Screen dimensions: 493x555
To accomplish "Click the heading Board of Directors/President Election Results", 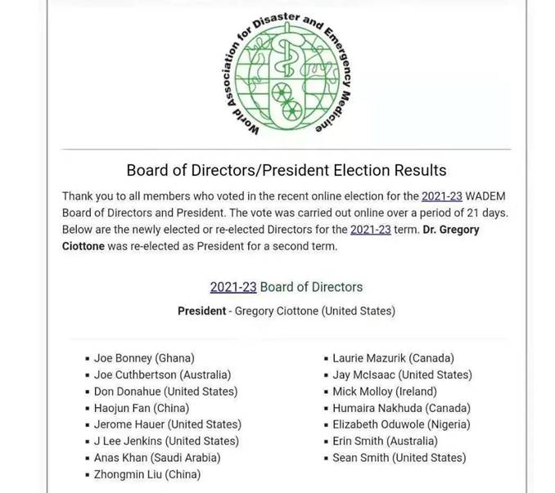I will point(286,170).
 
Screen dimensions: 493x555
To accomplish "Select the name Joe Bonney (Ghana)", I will point(144,358).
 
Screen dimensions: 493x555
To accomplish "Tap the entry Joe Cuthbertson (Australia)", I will point(162,374).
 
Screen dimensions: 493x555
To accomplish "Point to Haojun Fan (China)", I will point(142,408).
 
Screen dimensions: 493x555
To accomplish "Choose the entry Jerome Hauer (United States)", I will point(167,424).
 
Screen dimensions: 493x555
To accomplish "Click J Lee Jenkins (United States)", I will point(166,441).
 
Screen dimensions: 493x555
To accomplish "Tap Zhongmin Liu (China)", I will point(147,474).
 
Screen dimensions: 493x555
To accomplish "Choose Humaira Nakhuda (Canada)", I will point(401,408).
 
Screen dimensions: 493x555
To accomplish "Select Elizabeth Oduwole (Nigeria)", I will point(401,424).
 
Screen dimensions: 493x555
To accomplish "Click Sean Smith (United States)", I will point(399,458).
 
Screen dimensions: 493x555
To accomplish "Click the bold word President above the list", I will point(201,311).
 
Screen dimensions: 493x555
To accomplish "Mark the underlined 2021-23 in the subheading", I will point(233,287).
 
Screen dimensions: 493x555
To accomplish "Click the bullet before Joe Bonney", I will point(87,359).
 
